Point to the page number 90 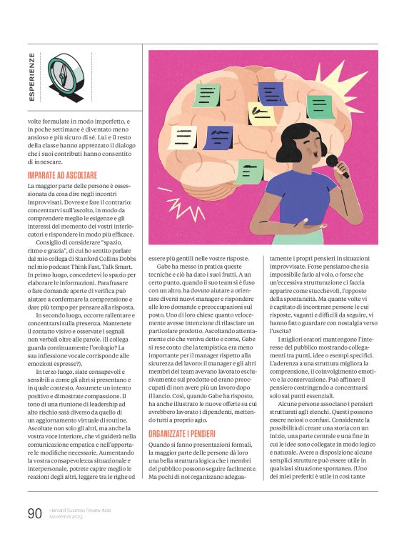[x=34, y=512]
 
